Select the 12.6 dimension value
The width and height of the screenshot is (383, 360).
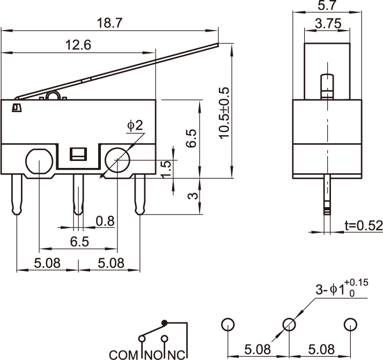point(78,45)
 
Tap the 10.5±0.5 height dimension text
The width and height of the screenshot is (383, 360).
point(224,113)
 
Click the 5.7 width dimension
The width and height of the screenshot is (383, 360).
point(327,6)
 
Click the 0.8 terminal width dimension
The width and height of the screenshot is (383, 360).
point(105,221)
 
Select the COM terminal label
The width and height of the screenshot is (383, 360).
point(124,355)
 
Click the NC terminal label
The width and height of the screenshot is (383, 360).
point(178,355)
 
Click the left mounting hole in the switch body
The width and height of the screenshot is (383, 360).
point(38,160)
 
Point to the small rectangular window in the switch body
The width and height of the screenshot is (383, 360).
point(79,155)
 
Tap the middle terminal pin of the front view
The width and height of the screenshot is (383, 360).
point(78,193)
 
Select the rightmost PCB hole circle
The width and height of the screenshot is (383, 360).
point(350,325)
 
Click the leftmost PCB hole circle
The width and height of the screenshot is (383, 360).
point(227,325)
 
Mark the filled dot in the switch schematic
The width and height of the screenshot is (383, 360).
point(165,322)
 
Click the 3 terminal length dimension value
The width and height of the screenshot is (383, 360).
point(194,196)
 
